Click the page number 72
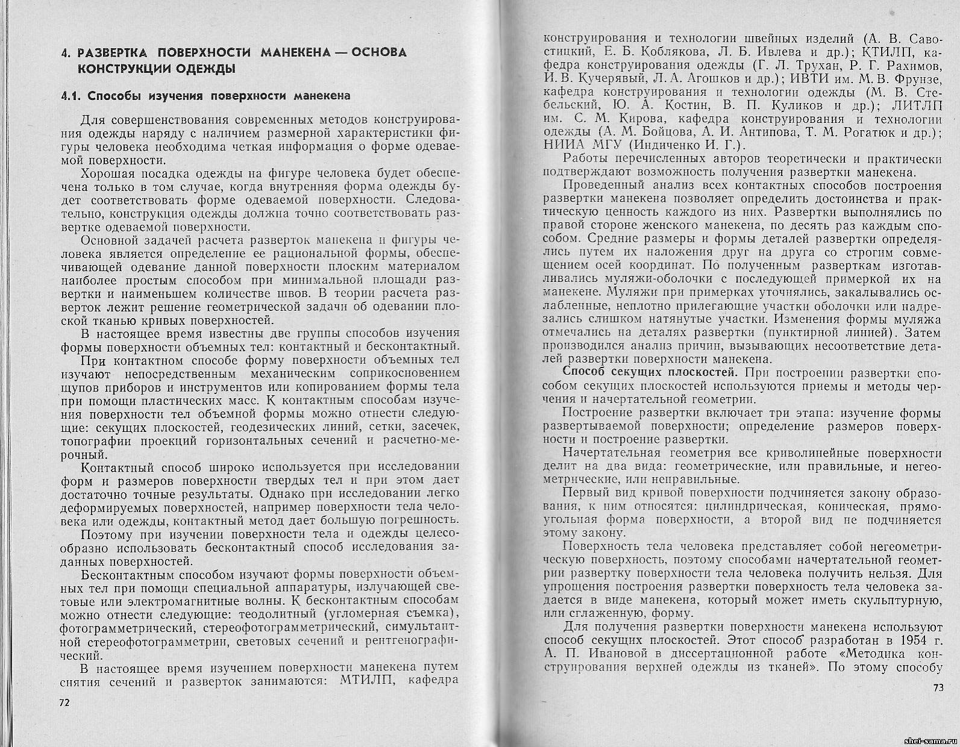(65, 703)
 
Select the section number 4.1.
(71, 96)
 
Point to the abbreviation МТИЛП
(367, 681)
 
